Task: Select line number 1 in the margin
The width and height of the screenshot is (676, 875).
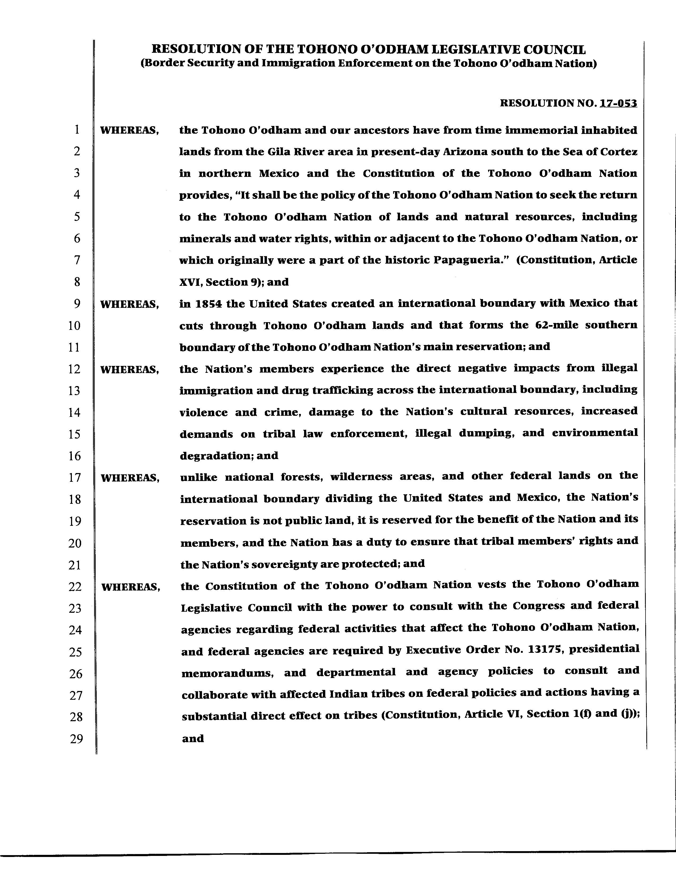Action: [x=76, y=129]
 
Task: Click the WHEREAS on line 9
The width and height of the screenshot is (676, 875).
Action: [x=129, y=304]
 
